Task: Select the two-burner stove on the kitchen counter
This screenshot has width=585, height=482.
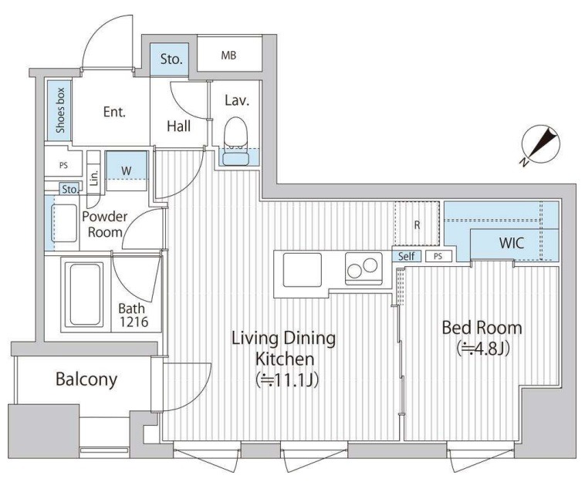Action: [364, 268]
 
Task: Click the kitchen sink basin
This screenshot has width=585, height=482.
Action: [303, 270]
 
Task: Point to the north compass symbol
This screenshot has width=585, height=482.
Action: [541, 146]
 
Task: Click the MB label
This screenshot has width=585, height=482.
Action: [228, 56]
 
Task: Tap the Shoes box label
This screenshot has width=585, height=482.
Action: [60, 110]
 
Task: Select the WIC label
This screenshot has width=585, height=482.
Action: [512, 244]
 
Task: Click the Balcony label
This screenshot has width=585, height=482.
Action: [86, 379]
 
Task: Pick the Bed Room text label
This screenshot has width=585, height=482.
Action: [482, 328]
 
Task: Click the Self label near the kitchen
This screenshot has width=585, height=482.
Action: [406, 256]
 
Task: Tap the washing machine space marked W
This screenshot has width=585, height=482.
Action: [127, 170]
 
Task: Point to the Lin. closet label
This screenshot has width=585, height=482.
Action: [94, 178]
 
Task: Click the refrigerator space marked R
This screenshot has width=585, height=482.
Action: [417, 224]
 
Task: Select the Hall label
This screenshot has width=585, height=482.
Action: [179, 126]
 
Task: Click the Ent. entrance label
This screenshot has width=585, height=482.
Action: [114, 112]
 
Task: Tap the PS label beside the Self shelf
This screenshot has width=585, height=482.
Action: [438, 257]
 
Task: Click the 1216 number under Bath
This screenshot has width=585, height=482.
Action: [134, 322]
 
